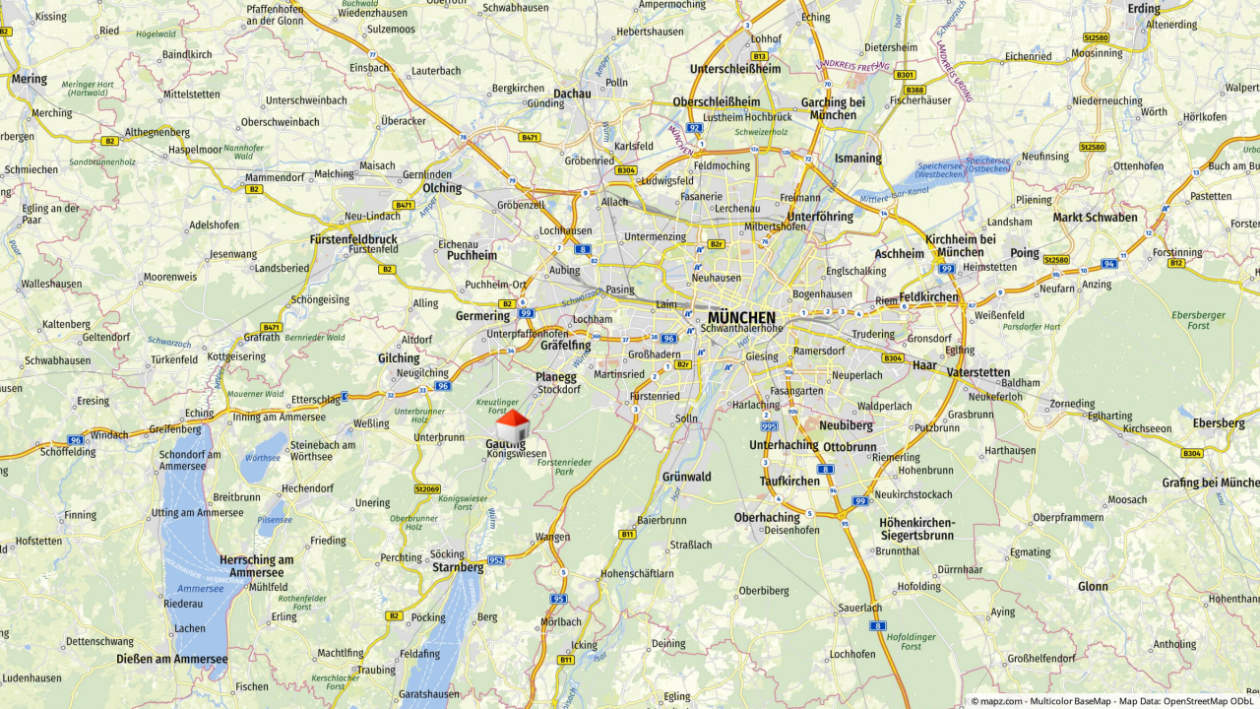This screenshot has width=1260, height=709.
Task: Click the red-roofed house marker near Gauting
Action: click(513, 427)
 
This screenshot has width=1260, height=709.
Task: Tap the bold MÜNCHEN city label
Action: click(743, 317)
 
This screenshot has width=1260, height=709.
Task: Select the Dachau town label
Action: click(572, 95)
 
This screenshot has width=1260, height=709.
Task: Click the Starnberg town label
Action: click(458, 567)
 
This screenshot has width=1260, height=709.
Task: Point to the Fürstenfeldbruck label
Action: click(353, 239)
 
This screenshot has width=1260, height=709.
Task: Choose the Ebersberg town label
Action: click(1219, 423)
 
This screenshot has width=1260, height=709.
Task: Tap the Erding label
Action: click(1144, 9)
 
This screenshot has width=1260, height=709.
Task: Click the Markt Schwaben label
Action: click(1095, 218)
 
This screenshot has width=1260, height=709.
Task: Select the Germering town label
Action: click(482, 316)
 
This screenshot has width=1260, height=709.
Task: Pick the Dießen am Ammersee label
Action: click(171, 659)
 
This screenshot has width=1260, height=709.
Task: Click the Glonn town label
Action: click(1093, 586)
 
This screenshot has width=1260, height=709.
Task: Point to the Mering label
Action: click(29, 79)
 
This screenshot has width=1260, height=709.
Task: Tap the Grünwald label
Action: click(686, 477)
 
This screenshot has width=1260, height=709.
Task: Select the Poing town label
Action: click(1025, 253)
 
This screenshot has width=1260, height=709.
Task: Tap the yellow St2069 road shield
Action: click(427, 488)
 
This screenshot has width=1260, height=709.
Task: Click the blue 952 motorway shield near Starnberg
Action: click(495, 560)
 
